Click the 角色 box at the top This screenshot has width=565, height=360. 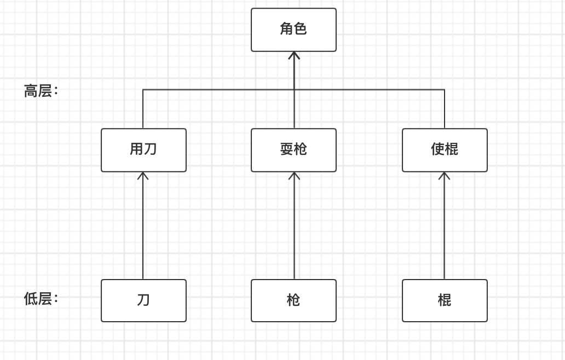(x=293, y=30)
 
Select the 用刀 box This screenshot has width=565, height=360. (x=143, y=150)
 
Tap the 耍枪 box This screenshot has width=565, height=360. (x=293, y=150)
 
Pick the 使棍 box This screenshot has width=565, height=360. (x=445, y=150)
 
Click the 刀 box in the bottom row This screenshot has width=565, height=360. (x=143, y=300)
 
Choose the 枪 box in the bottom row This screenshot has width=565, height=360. (x=293, y=300)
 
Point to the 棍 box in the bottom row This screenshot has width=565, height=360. (x=445, y=300)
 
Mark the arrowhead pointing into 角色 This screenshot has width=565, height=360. (x=294, y=55)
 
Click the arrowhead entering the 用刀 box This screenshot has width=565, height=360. (x=143, y=176)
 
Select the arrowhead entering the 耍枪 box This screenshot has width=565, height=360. (x=294, y=176)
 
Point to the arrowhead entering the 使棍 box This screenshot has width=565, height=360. (x=444, y=176)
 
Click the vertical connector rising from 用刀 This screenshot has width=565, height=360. (x=143, y=109)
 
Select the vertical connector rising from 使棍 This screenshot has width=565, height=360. (x=445, y=109)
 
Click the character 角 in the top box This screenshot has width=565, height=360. (x=286, y=29)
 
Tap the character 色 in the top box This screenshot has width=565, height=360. (x=301, y=29)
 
